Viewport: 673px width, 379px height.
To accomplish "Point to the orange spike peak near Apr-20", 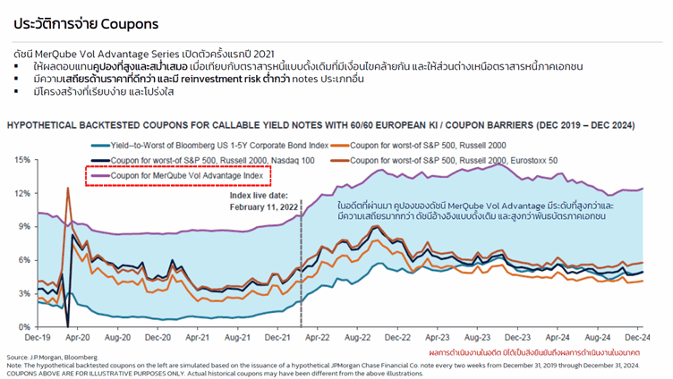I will (67, 189).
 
